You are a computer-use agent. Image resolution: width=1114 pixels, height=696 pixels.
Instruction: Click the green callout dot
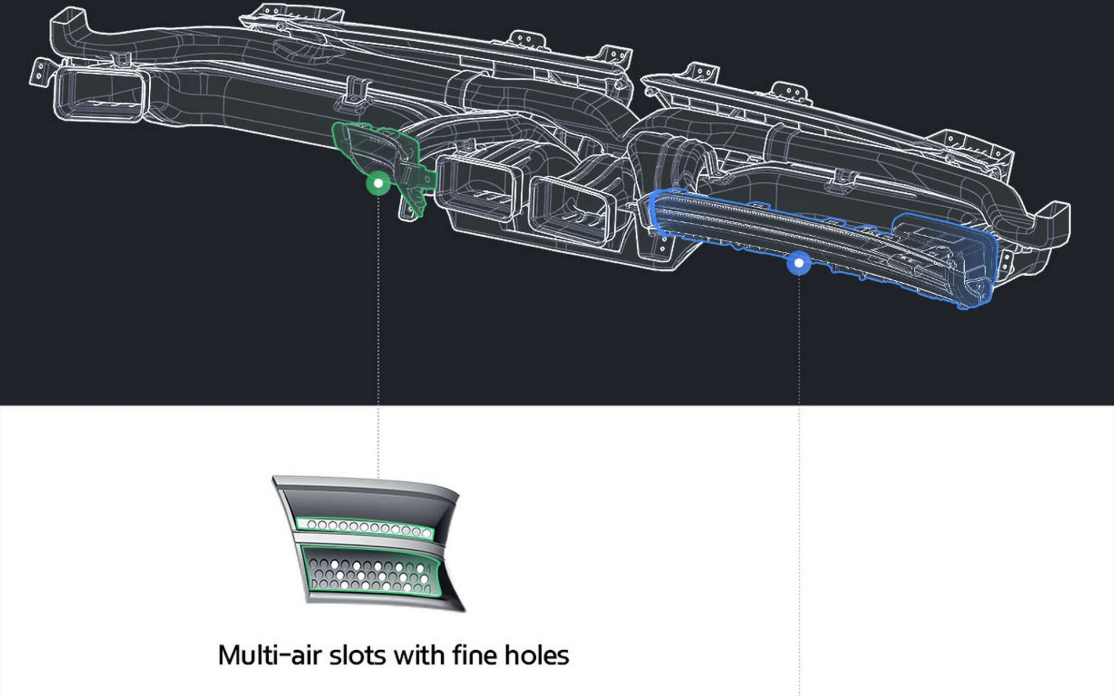click(378, 183)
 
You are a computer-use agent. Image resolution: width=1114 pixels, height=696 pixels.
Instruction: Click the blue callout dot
click(799, 263)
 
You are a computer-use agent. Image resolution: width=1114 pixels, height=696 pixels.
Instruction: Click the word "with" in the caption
click(419, 655)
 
